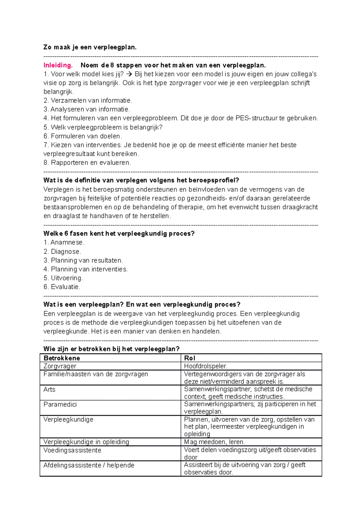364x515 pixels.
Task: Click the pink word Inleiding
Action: (x=58, y=65)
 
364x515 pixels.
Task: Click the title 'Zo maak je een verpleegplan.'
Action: (x=90, y=47)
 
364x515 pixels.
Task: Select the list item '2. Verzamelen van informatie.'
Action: (x=88, y=100)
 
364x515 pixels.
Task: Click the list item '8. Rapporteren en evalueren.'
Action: (x=87, y=163)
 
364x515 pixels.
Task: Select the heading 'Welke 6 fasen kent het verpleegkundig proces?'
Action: (x=119, y=234)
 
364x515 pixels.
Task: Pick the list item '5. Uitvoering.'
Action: (x=63, y=278)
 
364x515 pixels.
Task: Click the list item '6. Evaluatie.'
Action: (x=62, y=287)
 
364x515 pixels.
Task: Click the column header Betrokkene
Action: (x=62, y=358)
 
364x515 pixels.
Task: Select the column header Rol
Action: (x=190, y=358)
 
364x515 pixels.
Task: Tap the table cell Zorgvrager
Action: (x=60, y=366)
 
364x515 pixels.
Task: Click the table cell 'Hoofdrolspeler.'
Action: (x=206, y=366)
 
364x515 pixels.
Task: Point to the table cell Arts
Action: (x=49, y=389)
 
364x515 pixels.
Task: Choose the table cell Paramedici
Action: (x=60, y=405)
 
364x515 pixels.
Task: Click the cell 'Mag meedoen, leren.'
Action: (x=214, y=442)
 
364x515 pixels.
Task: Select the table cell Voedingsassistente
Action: (x=72, y=450)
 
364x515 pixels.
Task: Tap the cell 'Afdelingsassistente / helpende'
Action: (x=89, y=465)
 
